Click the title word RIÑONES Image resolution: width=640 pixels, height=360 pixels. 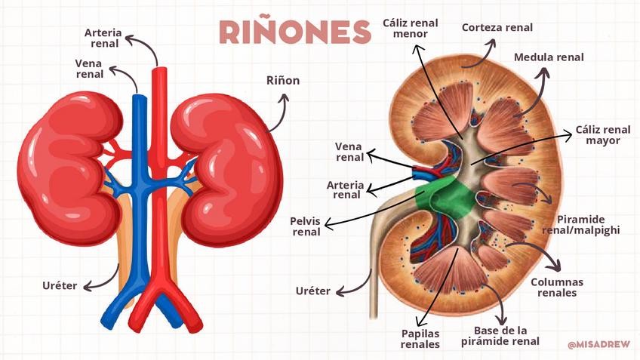pos(294,32)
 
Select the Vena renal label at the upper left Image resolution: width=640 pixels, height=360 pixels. pos(89,69)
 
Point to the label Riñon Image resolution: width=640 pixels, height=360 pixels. pos(283,81)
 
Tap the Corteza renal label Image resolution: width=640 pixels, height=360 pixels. pos(497,28)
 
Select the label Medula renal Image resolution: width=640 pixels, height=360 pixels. pos(549,57)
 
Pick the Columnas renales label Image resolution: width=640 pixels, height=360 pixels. pos(557,287)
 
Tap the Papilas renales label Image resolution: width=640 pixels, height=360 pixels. pos(420,338)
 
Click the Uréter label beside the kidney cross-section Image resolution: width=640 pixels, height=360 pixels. pos(312,291)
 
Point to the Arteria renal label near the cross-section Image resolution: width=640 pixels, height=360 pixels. pos(346,189)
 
